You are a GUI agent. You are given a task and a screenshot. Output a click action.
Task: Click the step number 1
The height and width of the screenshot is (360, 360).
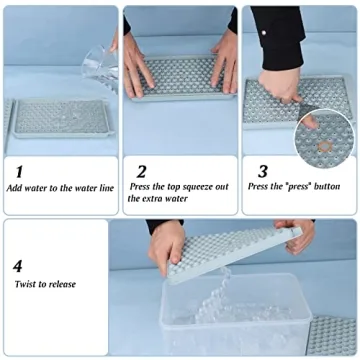coord(19,171)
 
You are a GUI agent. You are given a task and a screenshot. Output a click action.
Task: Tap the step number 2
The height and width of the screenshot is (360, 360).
coord(141,171)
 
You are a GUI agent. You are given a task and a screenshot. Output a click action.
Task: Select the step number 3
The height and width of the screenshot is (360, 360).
coord(262,171)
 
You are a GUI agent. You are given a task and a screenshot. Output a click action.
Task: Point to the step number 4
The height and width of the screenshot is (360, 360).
coord(18,267)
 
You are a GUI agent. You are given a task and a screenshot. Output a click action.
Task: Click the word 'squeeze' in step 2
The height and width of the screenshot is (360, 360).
coord(207,187)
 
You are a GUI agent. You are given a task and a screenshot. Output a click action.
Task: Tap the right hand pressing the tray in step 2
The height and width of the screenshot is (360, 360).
coord(224,60)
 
